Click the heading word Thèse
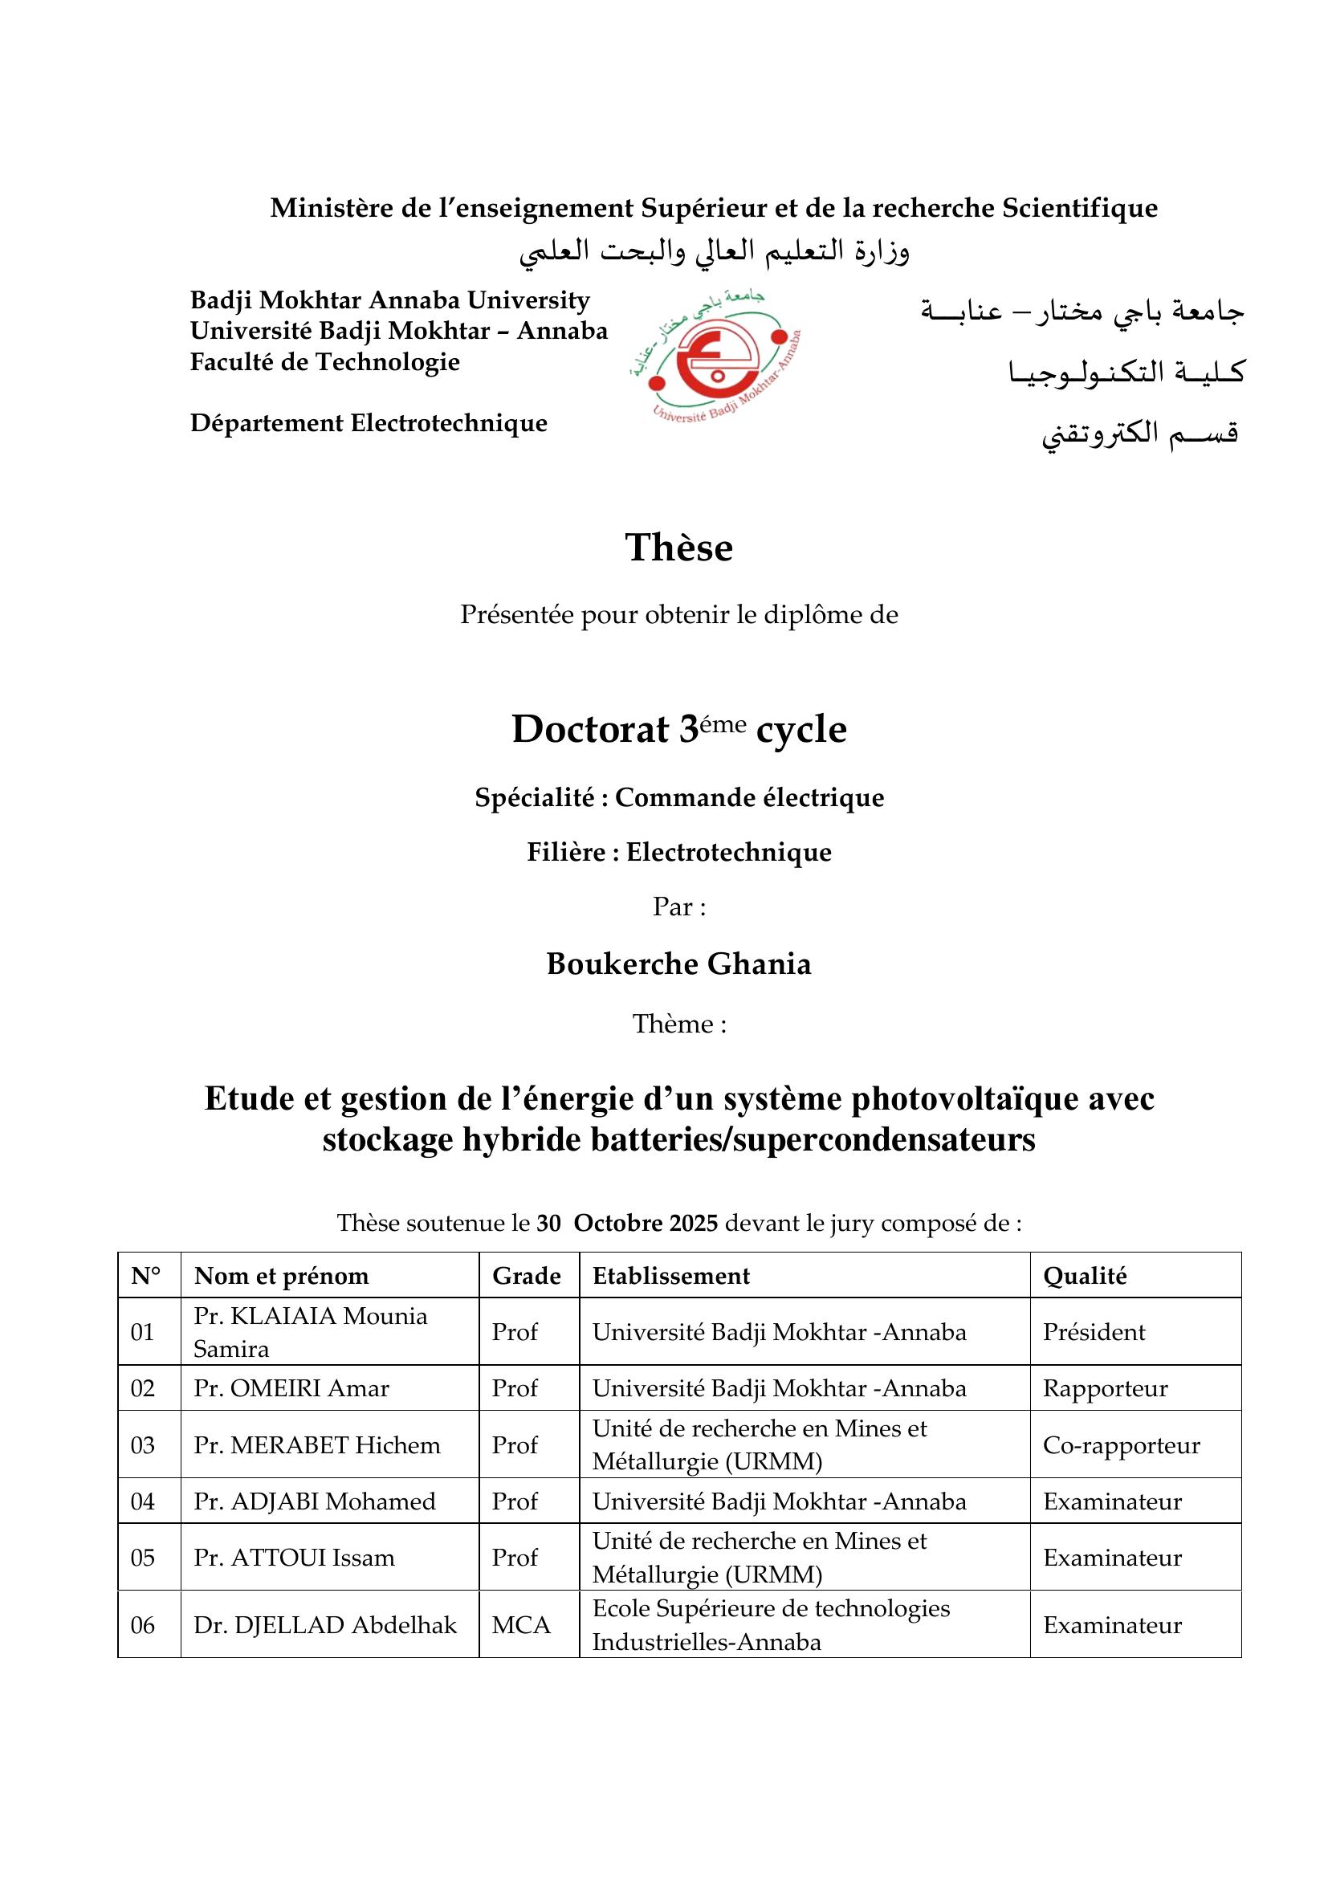(x=678, y=548)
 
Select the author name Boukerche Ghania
(x=678, y=963)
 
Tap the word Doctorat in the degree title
(x=589, y=729)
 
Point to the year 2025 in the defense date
(x=694, y=1223)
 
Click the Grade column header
(x=526, y=1275)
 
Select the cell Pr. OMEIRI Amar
(x=291, y=1388)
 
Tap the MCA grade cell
(x=521, y=1624)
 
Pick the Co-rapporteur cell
(x=1121, y=1444)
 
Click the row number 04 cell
(x=142, y=1501)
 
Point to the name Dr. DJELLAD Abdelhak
(x=324, y=1624)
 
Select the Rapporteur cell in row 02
(x=1105, y=1388)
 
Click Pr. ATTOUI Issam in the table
(x=294, y=1558)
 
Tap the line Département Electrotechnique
(x=369, y=423)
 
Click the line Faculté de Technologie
(x=324, y=361)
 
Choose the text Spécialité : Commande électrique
(x=678, y=796)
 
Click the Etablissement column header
(x=670, y=1275)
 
